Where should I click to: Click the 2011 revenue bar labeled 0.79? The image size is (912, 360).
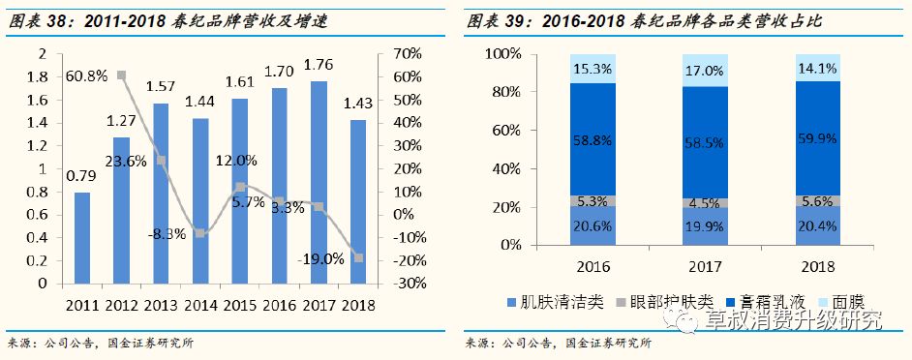(82, 238)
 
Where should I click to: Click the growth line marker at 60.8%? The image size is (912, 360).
(121, 75)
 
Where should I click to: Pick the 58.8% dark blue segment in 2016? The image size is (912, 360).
(591, 139)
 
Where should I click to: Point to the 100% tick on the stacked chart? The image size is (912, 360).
(502, 53)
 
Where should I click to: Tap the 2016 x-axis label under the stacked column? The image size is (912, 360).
(591, 264)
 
